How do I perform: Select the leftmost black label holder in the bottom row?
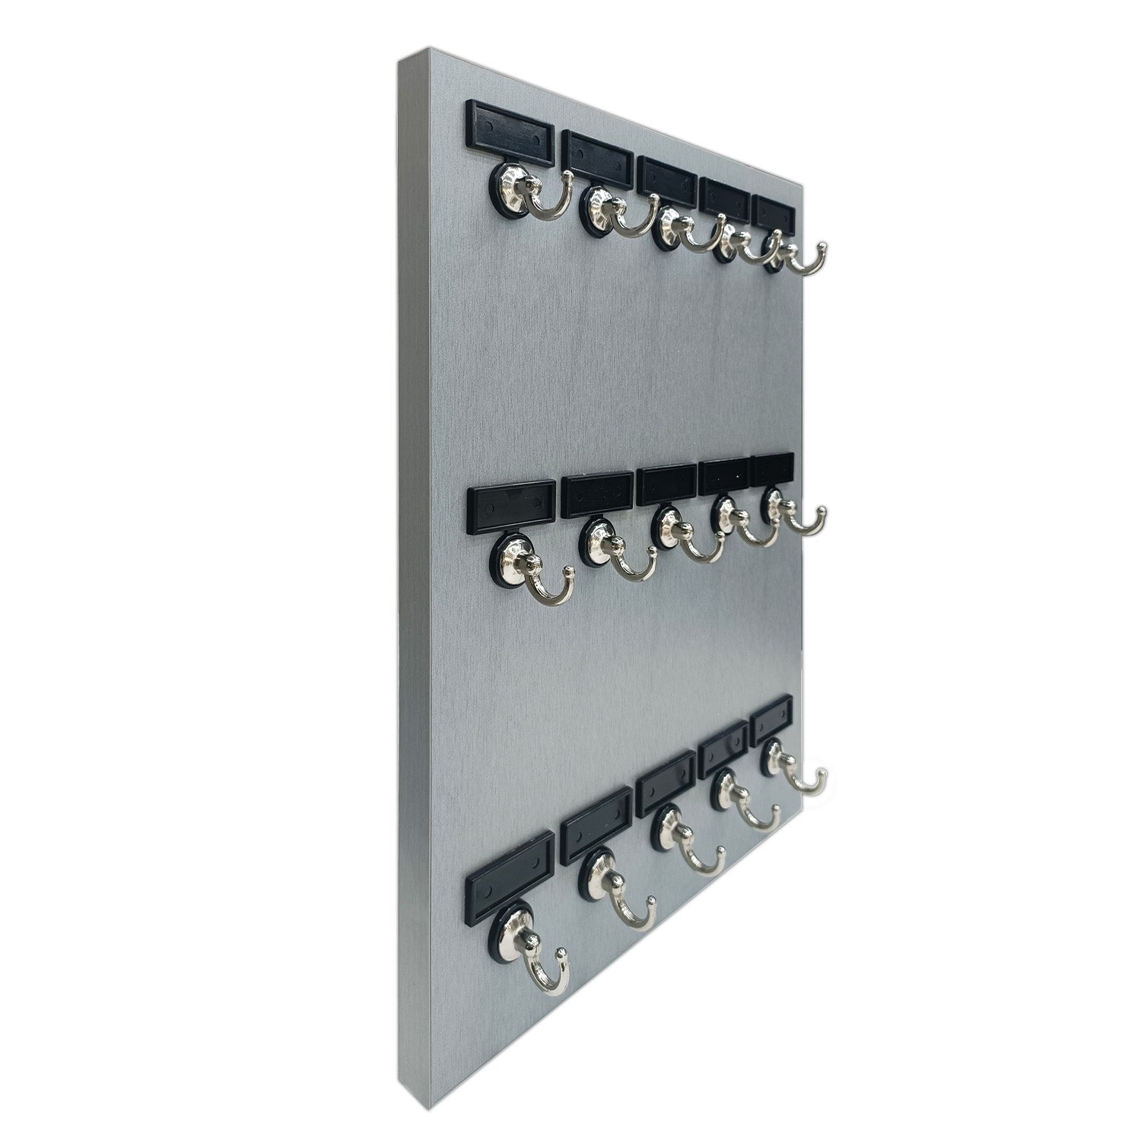(x=509, y=875)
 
